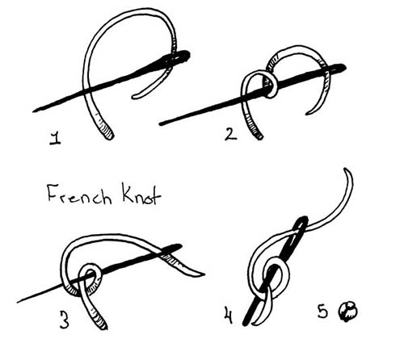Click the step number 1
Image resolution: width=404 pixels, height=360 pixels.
coord(55,139)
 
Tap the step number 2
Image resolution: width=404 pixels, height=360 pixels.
coord(230,134)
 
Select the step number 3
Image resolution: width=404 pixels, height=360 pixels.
coord(64,320)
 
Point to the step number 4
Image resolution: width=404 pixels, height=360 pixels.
coord(228,315)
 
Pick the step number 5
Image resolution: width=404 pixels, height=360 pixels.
coord(322,311)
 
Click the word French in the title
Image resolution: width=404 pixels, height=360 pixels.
coord(79,194)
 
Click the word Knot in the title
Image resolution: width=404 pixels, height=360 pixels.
coord(141,194)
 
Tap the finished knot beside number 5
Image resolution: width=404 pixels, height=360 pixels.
coord(348,312)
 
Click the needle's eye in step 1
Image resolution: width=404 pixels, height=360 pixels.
coord(179,56)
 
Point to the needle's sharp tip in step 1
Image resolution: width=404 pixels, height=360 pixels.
coord(33,111)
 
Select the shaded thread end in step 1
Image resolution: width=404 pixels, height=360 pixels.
coord(106,132)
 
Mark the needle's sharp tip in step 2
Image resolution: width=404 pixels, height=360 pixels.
coord(160,124)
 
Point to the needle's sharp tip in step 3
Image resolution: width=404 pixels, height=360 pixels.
coord(18,302)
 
